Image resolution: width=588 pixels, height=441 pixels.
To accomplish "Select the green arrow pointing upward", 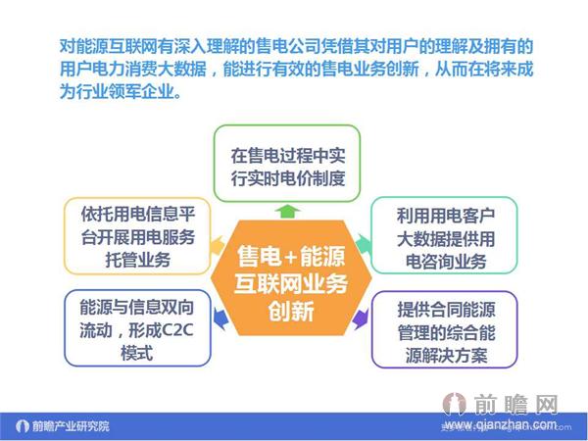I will point(285,210).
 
